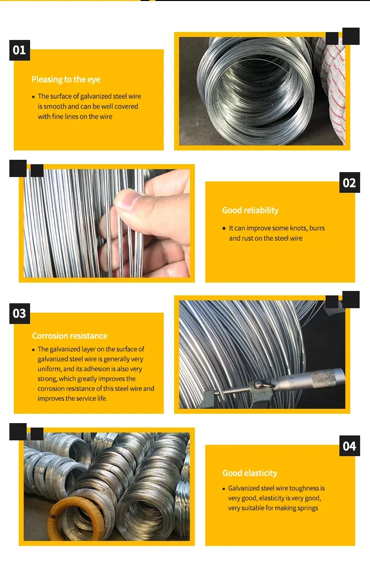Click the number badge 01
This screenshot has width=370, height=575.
point(19,50)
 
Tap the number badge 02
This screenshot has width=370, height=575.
point(349,183)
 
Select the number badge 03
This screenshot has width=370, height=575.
point(19,314)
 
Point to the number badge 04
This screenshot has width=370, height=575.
point(349,446)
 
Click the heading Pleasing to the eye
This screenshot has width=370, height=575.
point(66,79)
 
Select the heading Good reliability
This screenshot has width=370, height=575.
point(250,210)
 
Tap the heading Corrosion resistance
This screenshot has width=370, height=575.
point(70,336)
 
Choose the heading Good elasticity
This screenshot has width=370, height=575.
point(250,473)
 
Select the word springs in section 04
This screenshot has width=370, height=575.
point(307,508)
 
